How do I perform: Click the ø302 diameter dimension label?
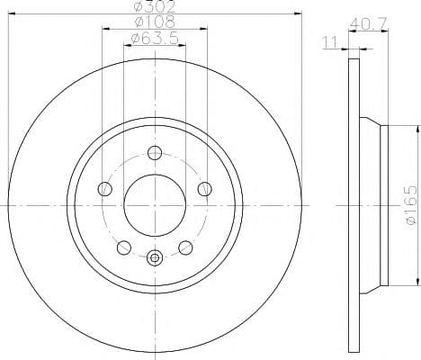155,6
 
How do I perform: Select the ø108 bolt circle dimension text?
155,22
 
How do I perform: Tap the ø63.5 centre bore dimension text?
155,39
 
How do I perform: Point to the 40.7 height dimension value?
369,23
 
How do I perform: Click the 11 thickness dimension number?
330,42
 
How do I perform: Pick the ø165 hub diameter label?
410,205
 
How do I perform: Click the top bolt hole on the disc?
155,153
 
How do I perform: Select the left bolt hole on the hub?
105,189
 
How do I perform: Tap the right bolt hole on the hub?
205,189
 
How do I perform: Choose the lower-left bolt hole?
124,247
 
